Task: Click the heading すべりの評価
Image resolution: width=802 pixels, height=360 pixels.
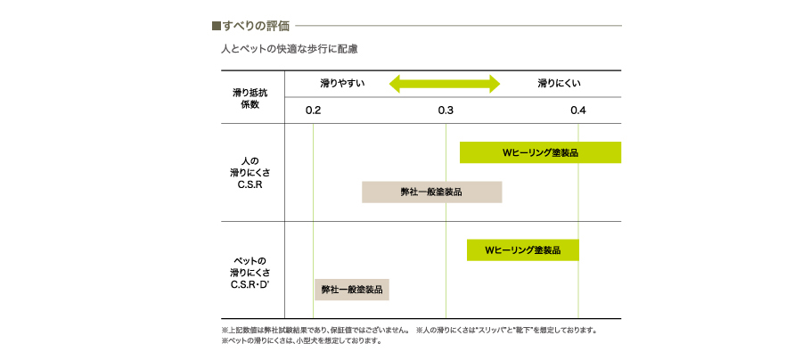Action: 256,26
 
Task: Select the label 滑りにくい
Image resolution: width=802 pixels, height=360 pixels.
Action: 559,84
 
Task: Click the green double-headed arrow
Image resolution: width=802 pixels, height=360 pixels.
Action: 445,84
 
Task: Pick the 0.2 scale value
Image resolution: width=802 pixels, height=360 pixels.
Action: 313,110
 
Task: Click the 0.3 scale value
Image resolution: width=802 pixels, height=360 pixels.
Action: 446,110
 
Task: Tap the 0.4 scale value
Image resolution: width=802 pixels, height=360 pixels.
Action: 578,110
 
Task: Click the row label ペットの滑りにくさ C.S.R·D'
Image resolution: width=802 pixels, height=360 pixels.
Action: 250,271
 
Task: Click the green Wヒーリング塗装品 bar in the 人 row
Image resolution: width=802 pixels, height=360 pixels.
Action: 540,152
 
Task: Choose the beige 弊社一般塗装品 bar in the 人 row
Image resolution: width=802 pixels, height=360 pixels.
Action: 431,192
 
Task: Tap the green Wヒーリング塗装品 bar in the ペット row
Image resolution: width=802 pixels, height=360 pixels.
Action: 523,250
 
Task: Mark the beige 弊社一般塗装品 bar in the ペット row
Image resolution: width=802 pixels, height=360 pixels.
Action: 352,290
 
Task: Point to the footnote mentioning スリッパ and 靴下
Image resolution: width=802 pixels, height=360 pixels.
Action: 507,330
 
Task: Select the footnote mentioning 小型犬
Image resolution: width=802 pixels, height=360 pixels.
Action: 302,340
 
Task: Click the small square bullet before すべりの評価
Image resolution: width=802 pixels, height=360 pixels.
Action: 216,26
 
